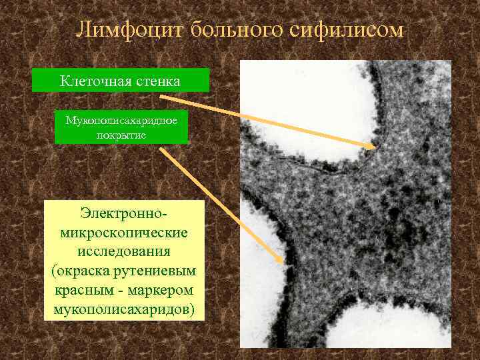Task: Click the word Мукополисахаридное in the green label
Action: click(x=121, y=121)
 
